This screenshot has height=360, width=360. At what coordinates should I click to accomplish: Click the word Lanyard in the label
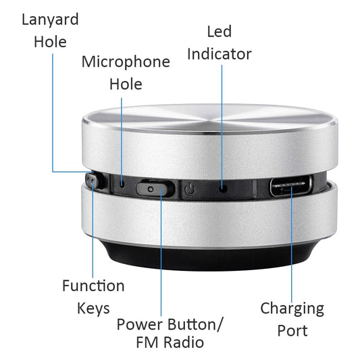(x=50, y=18)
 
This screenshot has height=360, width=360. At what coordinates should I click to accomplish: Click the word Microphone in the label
(x=126, y=61)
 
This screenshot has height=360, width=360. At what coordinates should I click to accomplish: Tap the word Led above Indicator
(x=219, y=31)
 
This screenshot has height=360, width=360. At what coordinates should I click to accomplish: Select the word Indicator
(x=219, y=53)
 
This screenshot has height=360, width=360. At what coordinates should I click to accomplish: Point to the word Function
(x=93, y=286)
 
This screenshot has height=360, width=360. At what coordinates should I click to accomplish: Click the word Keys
(x=93, y=309)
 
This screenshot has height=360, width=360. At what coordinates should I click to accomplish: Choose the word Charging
(x=292, y=309)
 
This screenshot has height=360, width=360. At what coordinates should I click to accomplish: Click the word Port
(x=292, y=331)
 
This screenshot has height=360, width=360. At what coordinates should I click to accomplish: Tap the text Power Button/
(x=170, y=324)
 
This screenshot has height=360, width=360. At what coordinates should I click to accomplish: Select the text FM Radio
(x=170, y=342)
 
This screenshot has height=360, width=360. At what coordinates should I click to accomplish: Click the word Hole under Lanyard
(x=50, y=41)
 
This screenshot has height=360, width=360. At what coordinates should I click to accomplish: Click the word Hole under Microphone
(x=126, y=84)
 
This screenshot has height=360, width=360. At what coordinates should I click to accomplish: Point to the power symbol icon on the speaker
(x=191, y=188)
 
